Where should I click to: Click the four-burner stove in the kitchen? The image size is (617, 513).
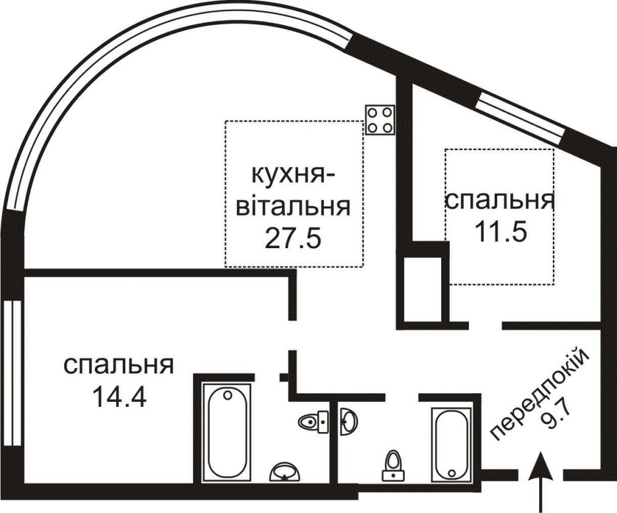[379, 120]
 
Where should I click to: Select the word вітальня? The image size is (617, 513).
[292, 206]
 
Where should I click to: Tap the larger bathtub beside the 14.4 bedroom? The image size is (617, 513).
[227, 433]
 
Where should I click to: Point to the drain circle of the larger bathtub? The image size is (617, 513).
[227, 395]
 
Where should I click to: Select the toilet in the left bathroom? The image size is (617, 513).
[313, 422]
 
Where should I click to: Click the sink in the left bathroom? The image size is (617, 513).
[285, 472]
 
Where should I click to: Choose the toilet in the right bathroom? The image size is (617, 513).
[393, 465]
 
